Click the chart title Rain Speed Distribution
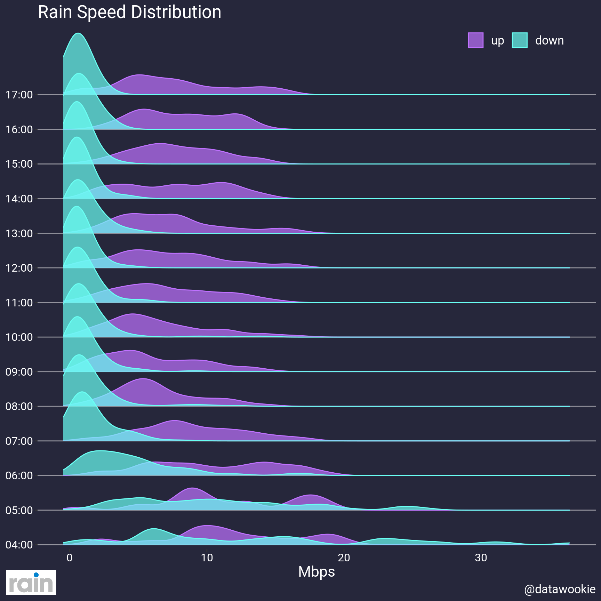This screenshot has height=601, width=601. (x=129, y=13)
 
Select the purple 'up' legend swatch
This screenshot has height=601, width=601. (x=475, y=40)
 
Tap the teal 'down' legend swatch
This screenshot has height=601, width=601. (x=520, y=40)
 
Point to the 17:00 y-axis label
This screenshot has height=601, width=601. (x=19, y=95)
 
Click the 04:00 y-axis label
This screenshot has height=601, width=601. (x=19, y=545)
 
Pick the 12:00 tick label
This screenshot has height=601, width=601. (x=19, y=268)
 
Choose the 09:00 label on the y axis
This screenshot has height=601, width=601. (x=19, y=372)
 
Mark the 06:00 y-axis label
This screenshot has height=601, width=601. (x=19, y=475)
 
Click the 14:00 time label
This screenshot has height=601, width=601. (x=19, y=199)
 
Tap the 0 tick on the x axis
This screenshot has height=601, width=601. (x=70, y=558)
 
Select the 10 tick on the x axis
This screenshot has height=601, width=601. (x=207, y=558)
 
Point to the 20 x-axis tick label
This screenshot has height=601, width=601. (x=344, y=558)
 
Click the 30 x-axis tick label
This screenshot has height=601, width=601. (x=481, y=558)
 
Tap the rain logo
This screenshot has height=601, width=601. (x=31, y=582)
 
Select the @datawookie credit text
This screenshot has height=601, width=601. (x=560, y=589)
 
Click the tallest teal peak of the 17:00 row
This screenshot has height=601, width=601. (x=79, y=34)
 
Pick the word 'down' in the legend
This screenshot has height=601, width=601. (x=549, y=40)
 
